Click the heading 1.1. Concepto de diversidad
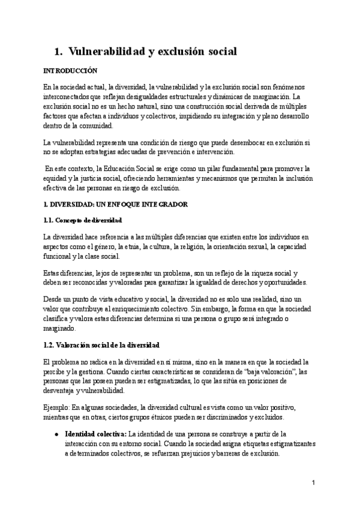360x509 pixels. (83, 221)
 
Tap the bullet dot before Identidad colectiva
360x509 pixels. (56, 433)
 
